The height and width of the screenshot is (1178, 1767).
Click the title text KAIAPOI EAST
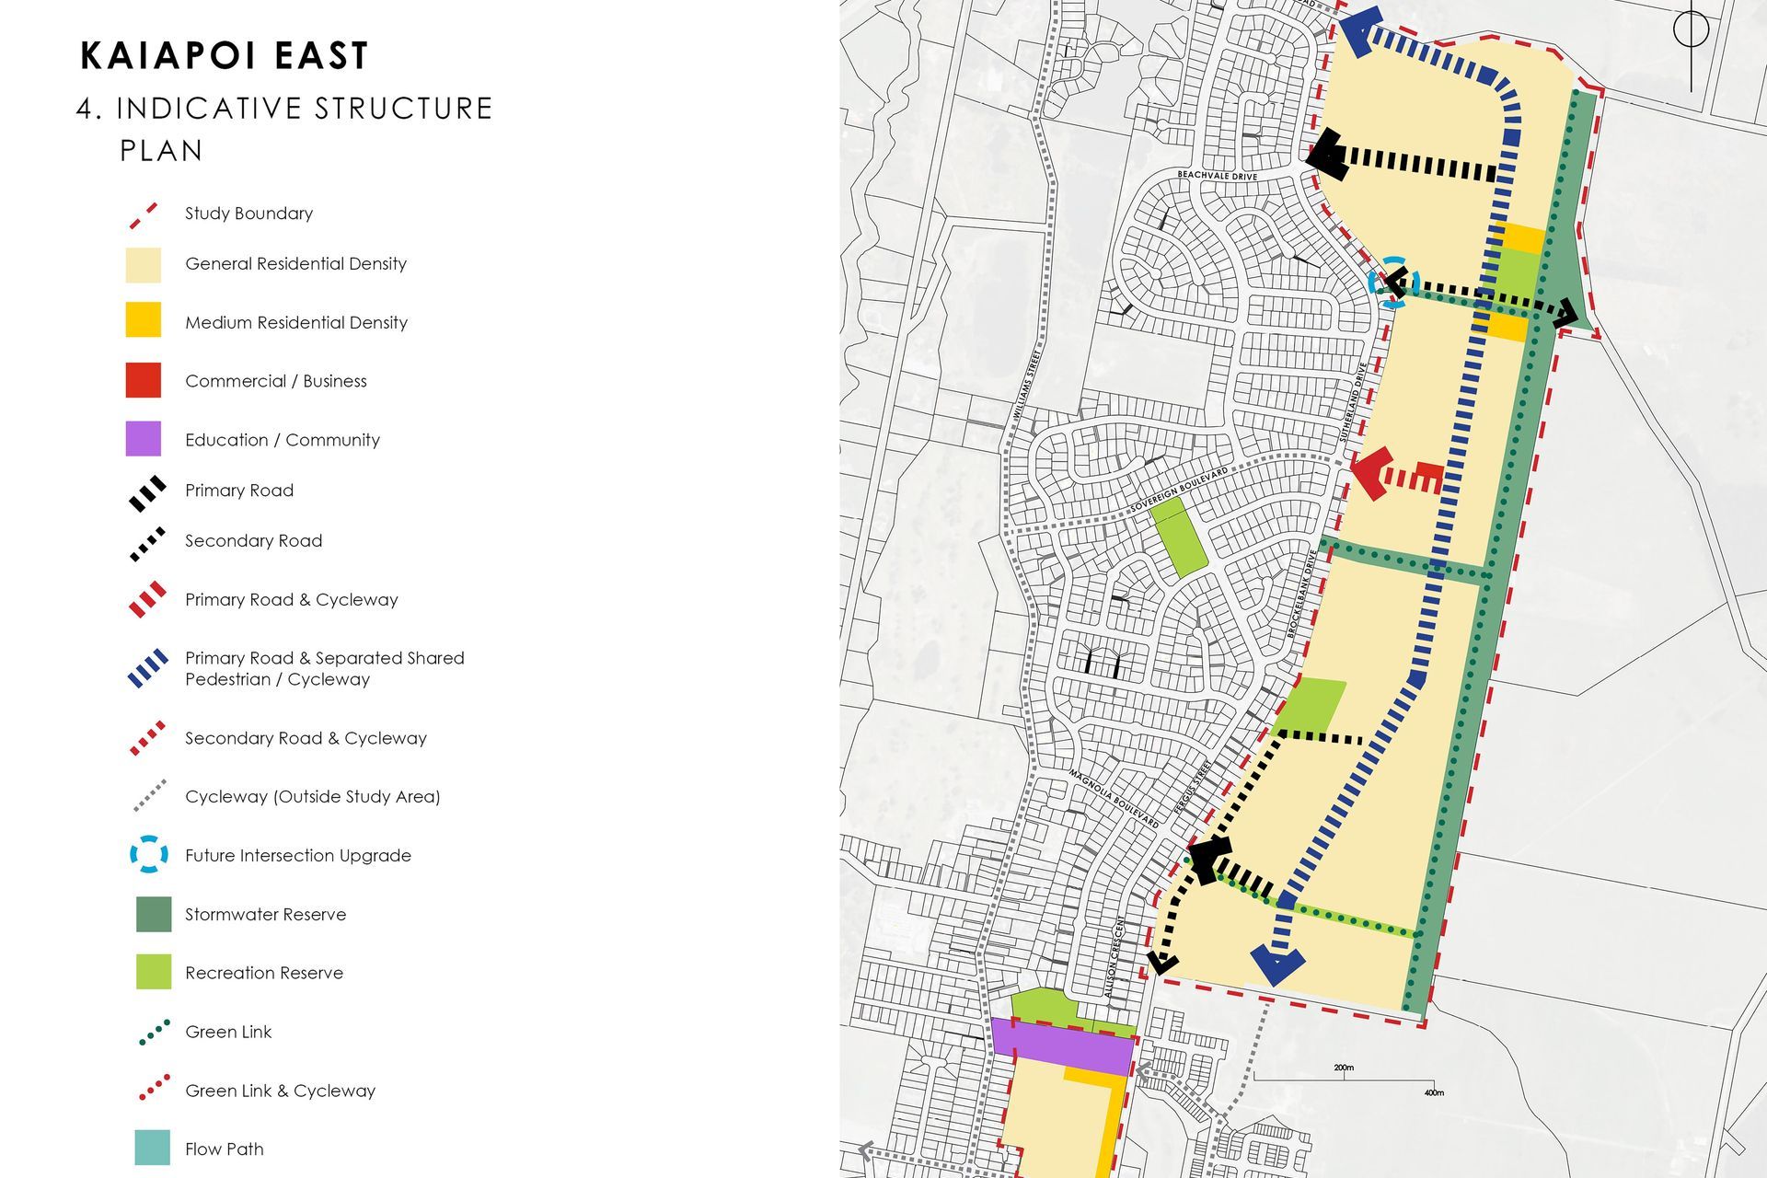point(225,56)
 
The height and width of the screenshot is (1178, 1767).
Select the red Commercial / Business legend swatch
point(143,380)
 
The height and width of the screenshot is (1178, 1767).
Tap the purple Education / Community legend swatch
point(143,439)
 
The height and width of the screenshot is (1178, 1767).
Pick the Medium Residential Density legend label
point(295,322)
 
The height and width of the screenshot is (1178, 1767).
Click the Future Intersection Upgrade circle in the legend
point(148,855)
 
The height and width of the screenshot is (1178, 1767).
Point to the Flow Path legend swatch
point(152,1148)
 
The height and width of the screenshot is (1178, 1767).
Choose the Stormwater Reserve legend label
point(265,914)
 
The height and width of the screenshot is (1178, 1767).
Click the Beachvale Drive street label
point(1217,175)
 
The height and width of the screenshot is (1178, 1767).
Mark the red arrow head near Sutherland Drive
point(1370,474)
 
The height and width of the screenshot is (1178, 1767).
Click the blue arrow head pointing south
point(1277,965)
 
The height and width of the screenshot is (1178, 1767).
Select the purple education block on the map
point(1061,1045)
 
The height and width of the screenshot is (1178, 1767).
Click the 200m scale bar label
point(1343,1068)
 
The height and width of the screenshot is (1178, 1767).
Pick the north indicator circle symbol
point(1691,29)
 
